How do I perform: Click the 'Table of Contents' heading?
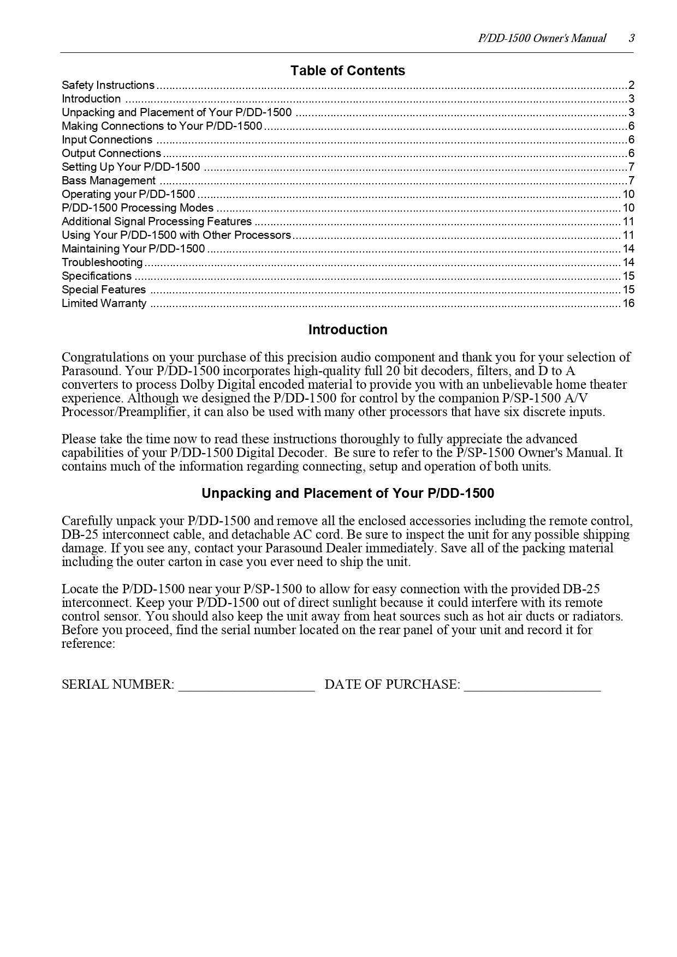click(347, 71)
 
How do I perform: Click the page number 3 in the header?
click(631, 38)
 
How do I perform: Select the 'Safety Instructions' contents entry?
click(108, 85)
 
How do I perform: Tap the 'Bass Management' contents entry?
click(109, 180)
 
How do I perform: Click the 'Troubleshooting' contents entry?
click(102, 262)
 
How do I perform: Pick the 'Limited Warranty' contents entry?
click(104, 303)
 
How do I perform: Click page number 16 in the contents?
click(628, 303)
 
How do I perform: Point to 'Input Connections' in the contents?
click(107, 140)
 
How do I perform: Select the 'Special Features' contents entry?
click(104, 290)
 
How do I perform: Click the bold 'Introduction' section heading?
click(348, 330)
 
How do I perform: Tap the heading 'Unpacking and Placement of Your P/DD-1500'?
click(348, 493)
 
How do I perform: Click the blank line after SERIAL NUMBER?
click(247, 685)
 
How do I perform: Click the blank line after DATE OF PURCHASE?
click(532, 685)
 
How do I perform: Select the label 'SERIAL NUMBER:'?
click(118, 685)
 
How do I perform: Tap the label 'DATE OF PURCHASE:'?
click(392, 685)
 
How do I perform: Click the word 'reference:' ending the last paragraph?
click(88, 643)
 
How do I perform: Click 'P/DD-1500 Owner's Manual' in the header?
click(542, 38)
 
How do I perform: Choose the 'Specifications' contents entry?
click(97, 276)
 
